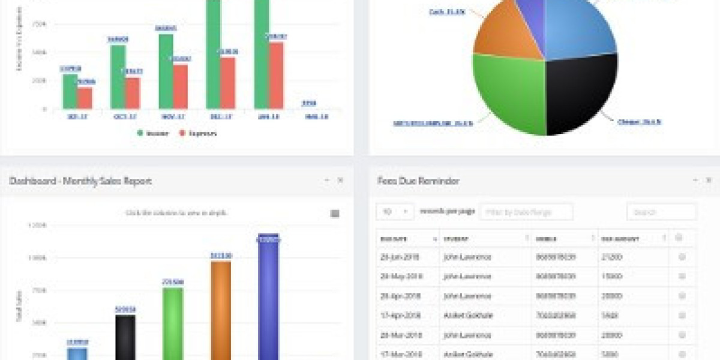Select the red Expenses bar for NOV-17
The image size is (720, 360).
(181, 87)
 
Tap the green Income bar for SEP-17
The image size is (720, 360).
(70, 91)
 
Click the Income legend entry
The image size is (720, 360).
(152, 133)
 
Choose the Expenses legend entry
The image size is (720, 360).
(198, 133)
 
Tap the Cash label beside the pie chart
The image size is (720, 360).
(448, 11)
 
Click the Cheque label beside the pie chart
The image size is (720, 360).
(639, 122)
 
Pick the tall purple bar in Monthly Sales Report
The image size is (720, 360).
(268, 297)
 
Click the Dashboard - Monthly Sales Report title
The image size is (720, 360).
(80, 181)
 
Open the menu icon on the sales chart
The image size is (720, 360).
(335, 214)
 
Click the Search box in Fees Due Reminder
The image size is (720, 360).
(661, 212)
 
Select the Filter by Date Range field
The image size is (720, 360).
(526, 212)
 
